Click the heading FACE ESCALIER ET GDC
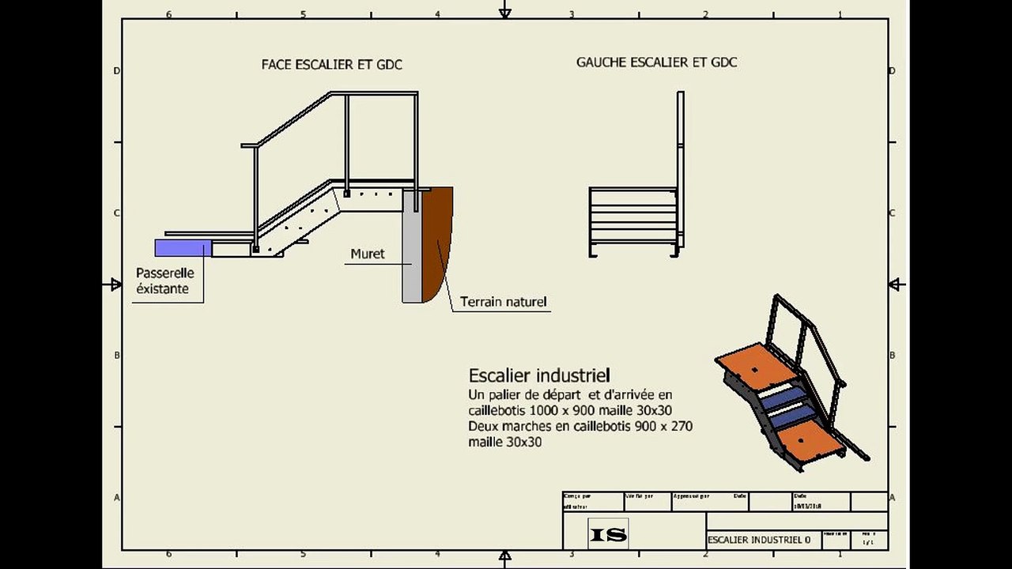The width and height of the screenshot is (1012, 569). (x=331, y=65)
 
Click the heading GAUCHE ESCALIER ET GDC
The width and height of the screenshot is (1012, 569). (x=656, y=62)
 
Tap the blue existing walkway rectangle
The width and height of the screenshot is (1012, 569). (x=183, y=248)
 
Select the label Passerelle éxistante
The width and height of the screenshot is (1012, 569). (x=164, y=281)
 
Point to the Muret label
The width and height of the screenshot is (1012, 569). (x=368, y=254)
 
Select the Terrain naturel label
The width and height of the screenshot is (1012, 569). (x=503, y=301)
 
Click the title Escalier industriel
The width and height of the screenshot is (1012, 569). (x=539, y=375)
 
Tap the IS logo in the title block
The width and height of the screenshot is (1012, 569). (x=608, y=535)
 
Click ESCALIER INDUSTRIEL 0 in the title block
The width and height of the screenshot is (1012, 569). (x=759, y=541)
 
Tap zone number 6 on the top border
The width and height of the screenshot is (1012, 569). (x=168, y=13)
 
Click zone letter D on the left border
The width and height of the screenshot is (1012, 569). (x=116, y=71)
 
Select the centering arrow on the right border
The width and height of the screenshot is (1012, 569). (x=895, y=284)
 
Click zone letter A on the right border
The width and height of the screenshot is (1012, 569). (x=892, y=498)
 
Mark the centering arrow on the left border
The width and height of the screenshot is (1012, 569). (x=116, y=284)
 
